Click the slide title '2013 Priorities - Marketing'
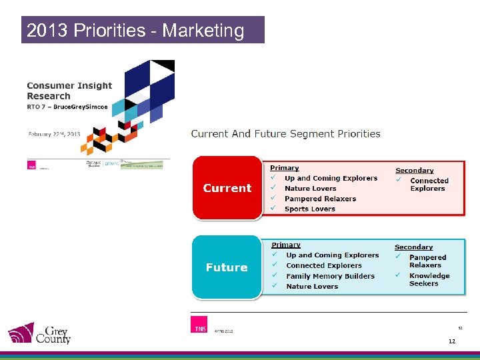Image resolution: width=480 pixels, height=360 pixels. tap(135, 31)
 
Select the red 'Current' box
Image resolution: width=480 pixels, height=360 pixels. tap(227, 188)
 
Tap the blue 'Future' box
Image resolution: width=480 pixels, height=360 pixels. tap(227, 267)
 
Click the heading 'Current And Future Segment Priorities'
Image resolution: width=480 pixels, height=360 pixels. tap(285, 133)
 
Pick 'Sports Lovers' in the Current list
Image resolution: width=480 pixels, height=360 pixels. tap(309, 209)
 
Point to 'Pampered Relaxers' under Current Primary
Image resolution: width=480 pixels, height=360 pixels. tap(320, 199)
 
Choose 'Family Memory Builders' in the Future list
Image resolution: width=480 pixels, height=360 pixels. tap(330, 276)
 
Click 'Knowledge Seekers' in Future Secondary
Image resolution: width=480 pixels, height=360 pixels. tap(429, 279)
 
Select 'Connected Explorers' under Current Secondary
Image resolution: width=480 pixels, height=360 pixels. tap(429, 185)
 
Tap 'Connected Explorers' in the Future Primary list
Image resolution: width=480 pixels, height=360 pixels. tap(323, 265)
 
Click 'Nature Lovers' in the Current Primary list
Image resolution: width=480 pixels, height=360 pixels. tap(310, 189)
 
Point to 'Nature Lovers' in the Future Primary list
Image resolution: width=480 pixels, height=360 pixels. tap(312, 287)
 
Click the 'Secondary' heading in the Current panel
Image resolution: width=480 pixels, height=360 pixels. tap(414, 171)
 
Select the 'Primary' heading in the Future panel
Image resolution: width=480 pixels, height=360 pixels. tap(285, 245)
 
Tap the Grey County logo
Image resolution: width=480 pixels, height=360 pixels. tap(39, 333)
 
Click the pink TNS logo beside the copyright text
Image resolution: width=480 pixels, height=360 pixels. tap(199, 325)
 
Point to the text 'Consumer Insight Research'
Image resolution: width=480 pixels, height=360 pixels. tap(69, 91)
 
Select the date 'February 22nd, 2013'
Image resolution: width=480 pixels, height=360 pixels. tap(54, 134)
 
